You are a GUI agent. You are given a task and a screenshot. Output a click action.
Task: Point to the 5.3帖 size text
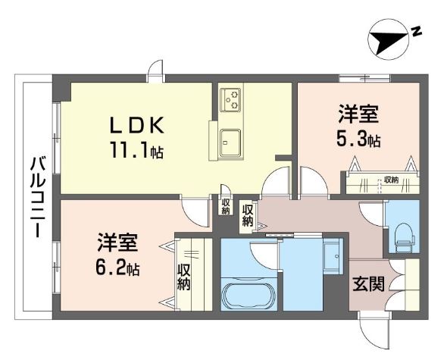[358, 140]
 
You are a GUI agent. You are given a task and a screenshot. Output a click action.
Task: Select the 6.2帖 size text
[117, 269]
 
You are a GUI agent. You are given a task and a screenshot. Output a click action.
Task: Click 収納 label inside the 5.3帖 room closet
[390, 180]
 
